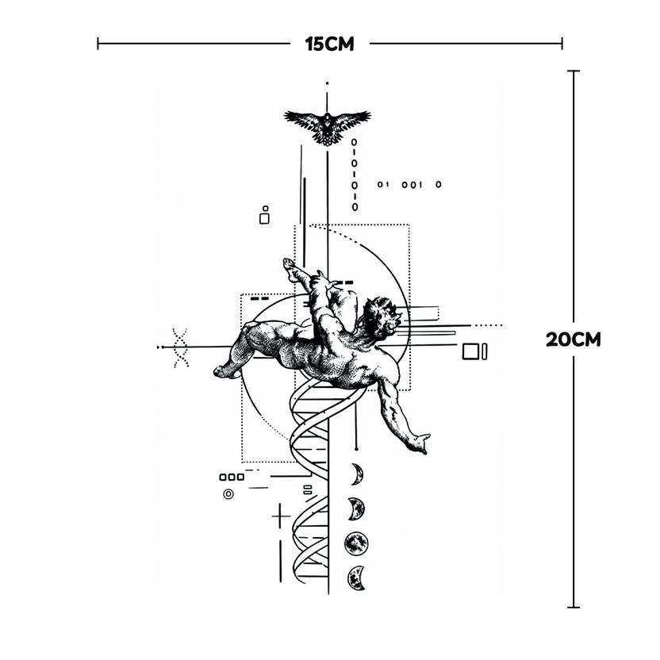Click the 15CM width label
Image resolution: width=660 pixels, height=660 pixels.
(x=329, y=44)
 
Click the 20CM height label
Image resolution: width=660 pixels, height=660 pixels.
(x=574, y=340)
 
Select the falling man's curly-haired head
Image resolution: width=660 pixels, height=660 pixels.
(x=380, y=317)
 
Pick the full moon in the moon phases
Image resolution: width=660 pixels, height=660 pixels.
(x=356, y=543)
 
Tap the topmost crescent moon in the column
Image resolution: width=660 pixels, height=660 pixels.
(x=357, y=474)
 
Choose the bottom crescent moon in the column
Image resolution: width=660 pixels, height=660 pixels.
(x=356, y=578)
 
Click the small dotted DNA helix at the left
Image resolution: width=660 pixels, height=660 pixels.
(x=181, y=348)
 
